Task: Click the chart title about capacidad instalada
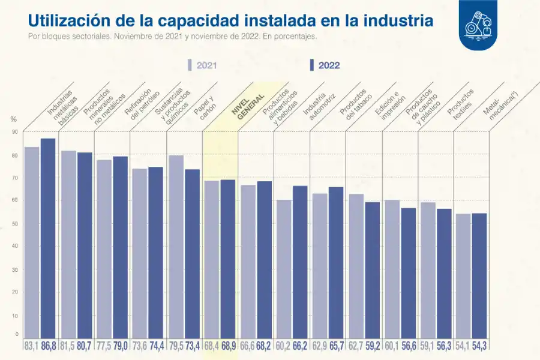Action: [x=230, y=20]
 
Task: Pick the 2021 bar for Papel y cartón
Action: [x=176, y=246]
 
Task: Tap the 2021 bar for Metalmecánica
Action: [x=463, y=276]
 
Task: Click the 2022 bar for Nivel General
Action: [x=228, y=258]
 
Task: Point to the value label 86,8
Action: [x=49, y=346]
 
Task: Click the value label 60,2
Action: [x=283, y=346]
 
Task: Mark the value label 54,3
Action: [x=479, y=346]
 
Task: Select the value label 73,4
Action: [x=192, y=346]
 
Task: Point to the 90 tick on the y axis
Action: [x=15, y=132]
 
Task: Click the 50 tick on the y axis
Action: [x=15, y=223]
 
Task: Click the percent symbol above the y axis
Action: [x=14, y=119]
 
